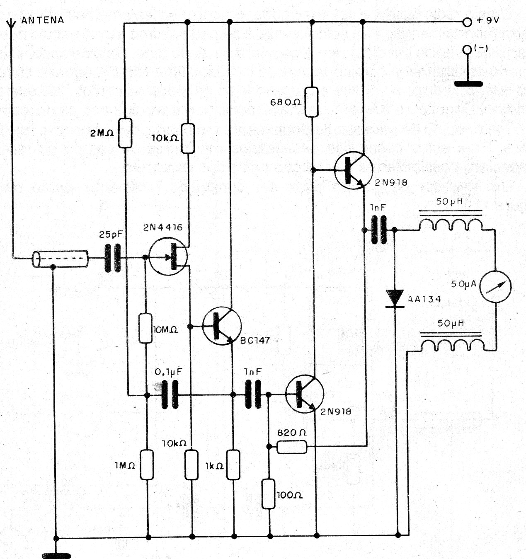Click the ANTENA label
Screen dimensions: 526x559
point(43,20)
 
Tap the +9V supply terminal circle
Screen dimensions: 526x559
point(467,22)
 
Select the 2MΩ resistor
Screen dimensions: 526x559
point(125,133)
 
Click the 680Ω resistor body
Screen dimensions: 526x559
point(312,102)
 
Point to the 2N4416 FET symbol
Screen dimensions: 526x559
point(168,256)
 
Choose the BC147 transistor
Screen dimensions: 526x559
point(222,326)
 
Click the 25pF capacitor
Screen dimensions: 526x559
point(113,258)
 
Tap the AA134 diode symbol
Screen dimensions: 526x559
point(395,299)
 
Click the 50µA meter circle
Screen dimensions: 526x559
point(495,286)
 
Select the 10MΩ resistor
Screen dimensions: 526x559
point(146,328)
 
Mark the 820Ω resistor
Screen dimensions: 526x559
point(292,447)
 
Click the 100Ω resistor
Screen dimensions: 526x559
point(269,494)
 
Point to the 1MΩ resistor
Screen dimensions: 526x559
point(147,465)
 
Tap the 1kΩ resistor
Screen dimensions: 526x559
point(233,465)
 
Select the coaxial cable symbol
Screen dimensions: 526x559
point(60,259)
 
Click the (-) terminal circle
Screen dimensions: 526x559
point(467,50)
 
